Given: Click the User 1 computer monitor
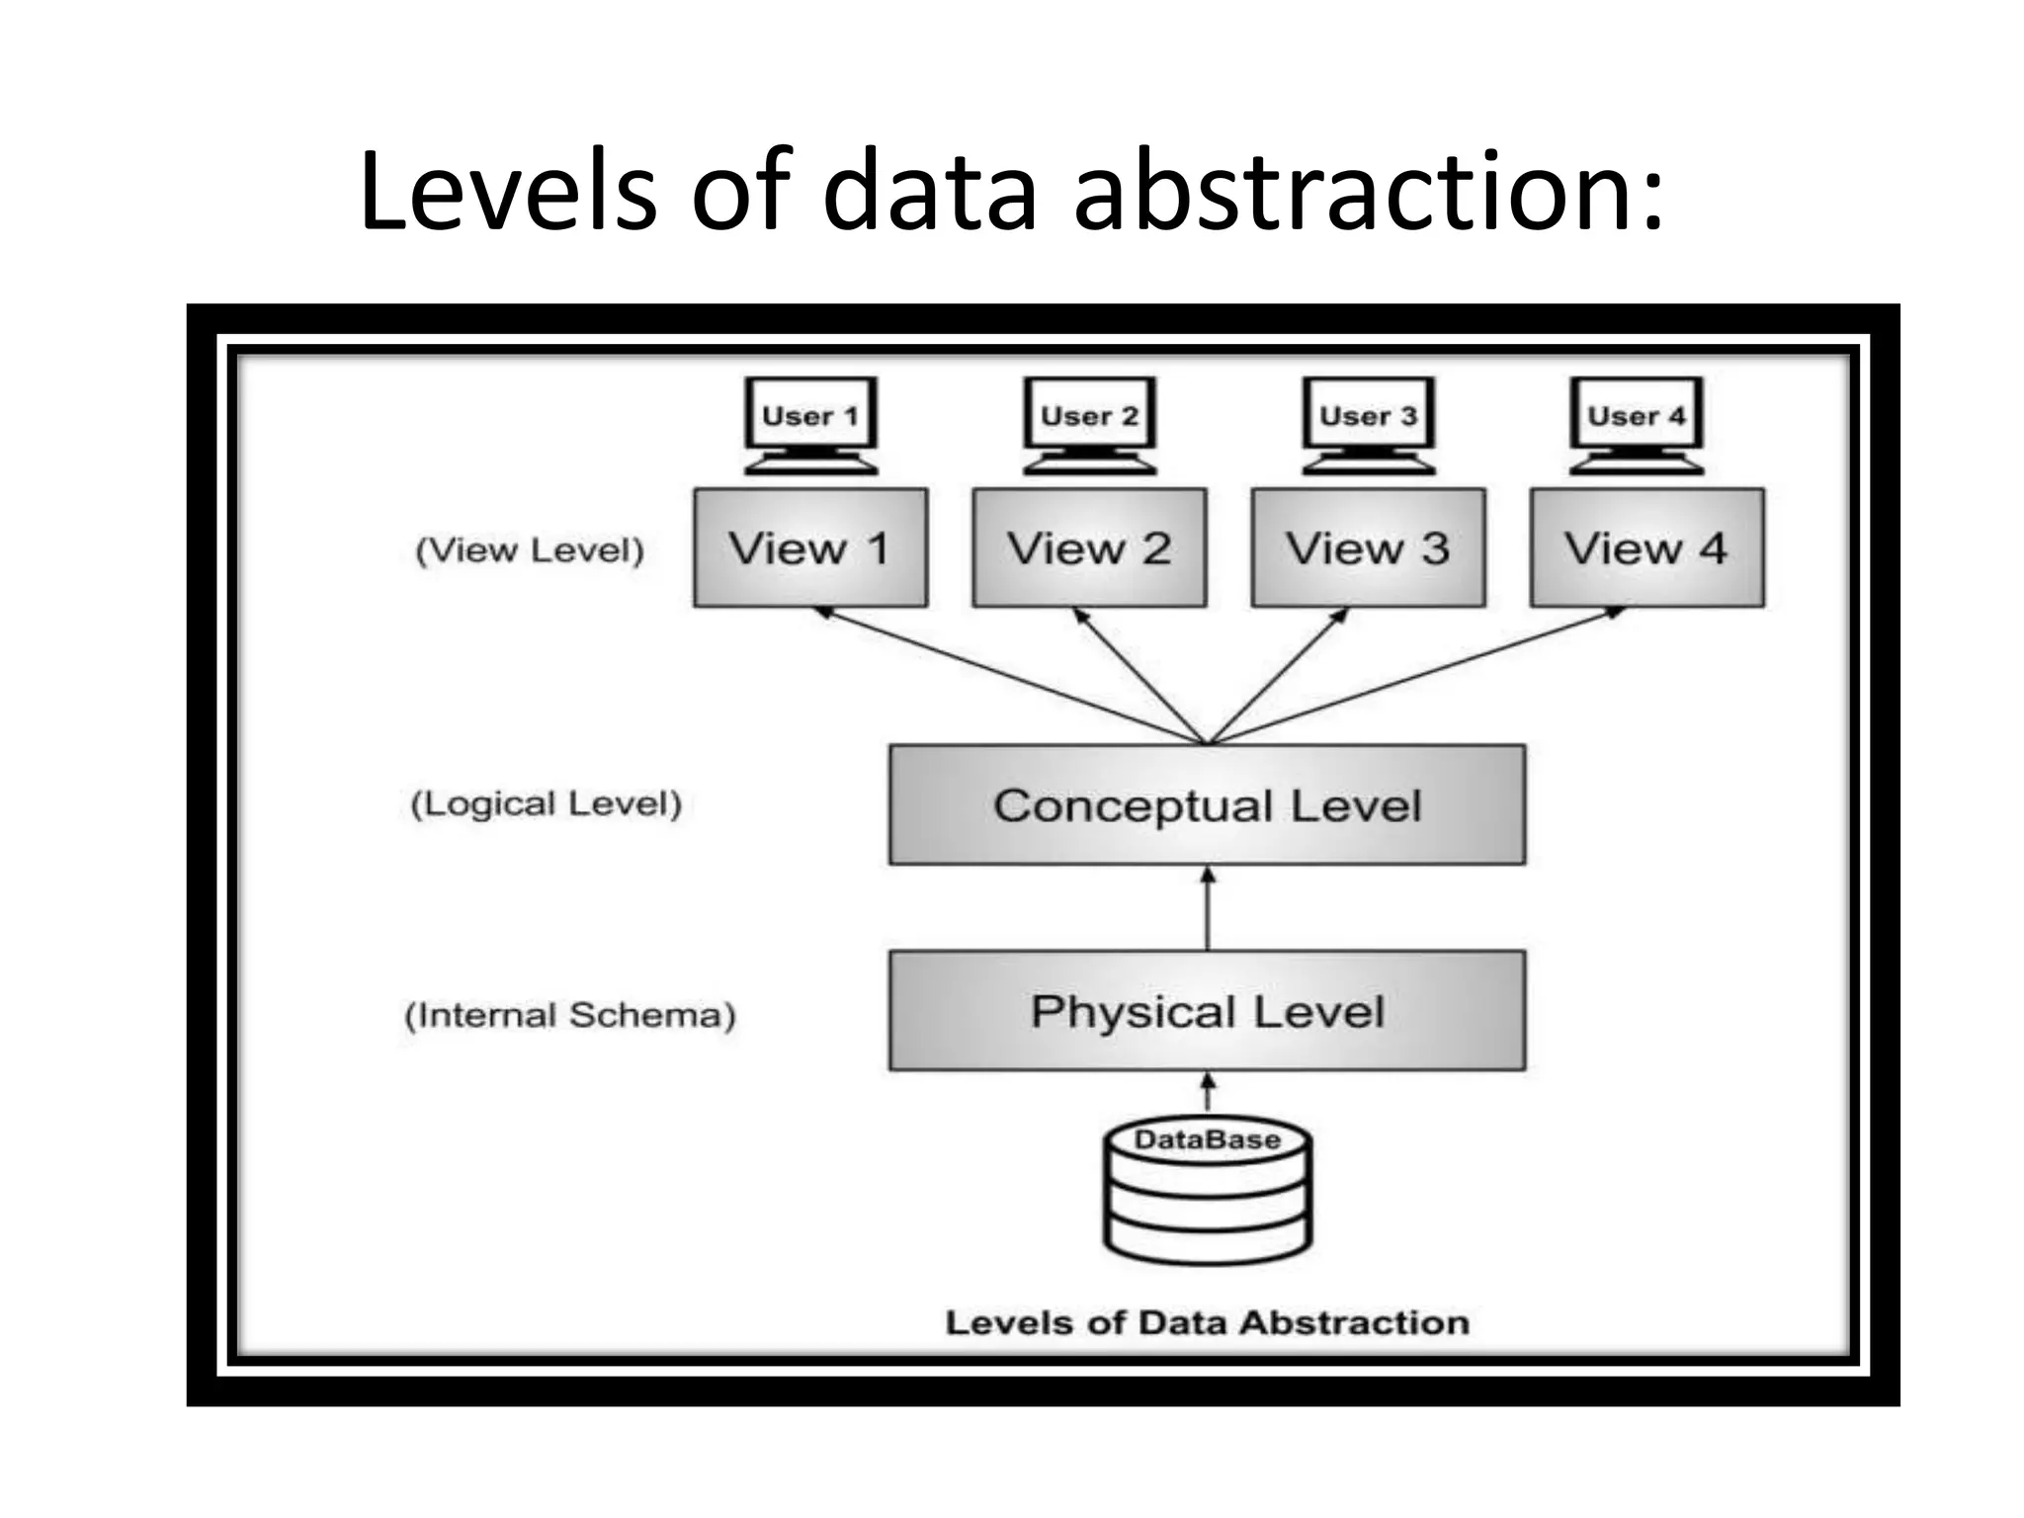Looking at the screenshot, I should [x=810, y=423].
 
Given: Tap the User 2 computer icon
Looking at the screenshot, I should [x=1089, y=423].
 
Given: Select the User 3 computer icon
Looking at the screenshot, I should [x=1368, y=423].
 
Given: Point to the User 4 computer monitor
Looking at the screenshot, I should [x=1637, y=423].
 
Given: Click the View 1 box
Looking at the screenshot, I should [x=810, y=548].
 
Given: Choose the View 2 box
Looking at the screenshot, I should [x=1089, y=548].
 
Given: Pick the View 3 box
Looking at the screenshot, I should [x=1368, y=548].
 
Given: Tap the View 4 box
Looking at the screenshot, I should [x=1646, y=548].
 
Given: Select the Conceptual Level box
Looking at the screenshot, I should [x=1207, y=805].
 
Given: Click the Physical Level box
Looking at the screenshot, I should [x=1207, y=1011].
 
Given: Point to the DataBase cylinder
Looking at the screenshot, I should [x=1207, y=1196].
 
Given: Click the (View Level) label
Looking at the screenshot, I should [x=530, y=549].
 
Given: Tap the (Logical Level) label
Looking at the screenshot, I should [x=547, y=803].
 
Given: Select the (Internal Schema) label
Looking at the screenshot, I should [x=570, y=1015].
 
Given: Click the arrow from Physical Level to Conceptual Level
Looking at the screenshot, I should [x=1207, y=909].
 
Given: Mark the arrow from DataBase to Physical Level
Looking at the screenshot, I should [x=1207, y=1094].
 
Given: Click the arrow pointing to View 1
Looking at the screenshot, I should [x=1008, y=676].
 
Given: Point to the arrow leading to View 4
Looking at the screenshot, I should [x=1413, y=676].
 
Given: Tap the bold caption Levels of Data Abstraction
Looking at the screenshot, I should [x=1207, y=1322].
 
